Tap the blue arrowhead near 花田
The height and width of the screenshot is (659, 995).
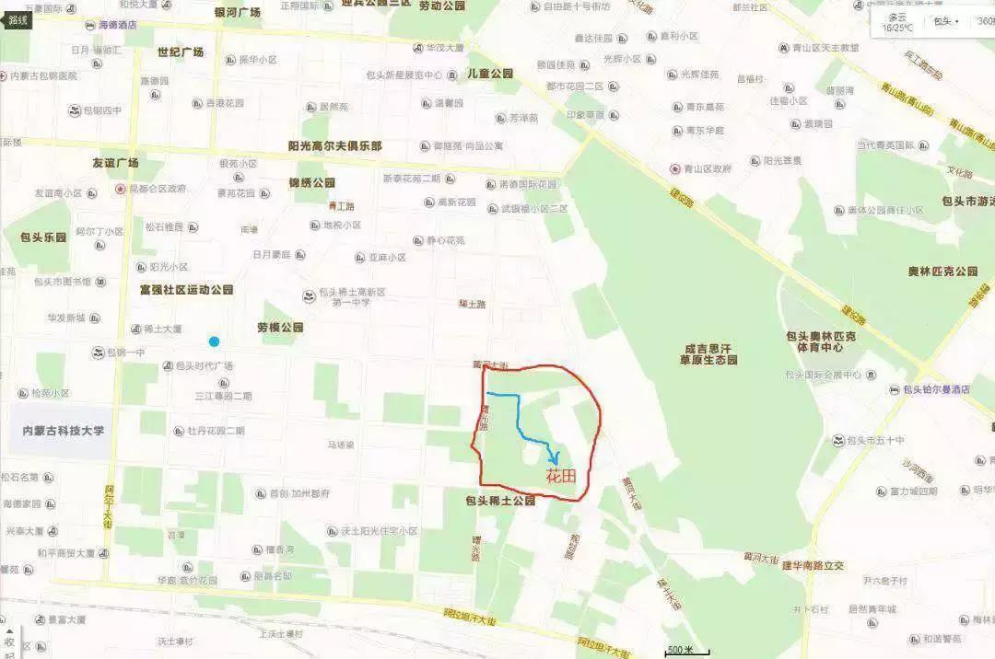click(x=554, y=458)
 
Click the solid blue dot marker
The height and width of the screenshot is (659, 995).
click(x=214, y=341)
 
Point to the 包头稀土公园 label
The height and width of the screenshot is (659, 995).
click(x=501, y=502)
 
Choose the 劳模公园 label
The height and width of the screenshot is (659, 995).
click(x=280, y=327)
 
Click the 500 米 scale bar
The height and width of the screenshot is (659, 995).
click(x=681, y=652)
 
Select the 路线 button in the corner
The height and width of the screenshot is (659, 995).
click(x=18, y=19)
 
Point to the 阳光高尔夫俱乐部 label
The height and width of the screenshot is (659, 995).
click(x=334, y=145)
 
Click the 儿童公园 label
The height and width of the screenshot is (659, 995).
click(x=490, y=73)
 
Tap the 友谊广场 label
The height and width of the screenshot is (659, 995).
click(x=115, y=163)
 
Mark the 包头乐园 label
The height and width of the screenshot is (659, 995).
click(x=43, y=237)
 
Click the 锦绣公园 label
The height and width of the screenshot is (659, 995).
click(x=311, y=182)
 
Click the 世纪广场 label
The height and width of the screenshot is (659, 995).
click(x=180, y=51)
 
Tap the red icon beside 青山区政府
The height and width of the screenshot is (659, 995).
click(x=674, y=169)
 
